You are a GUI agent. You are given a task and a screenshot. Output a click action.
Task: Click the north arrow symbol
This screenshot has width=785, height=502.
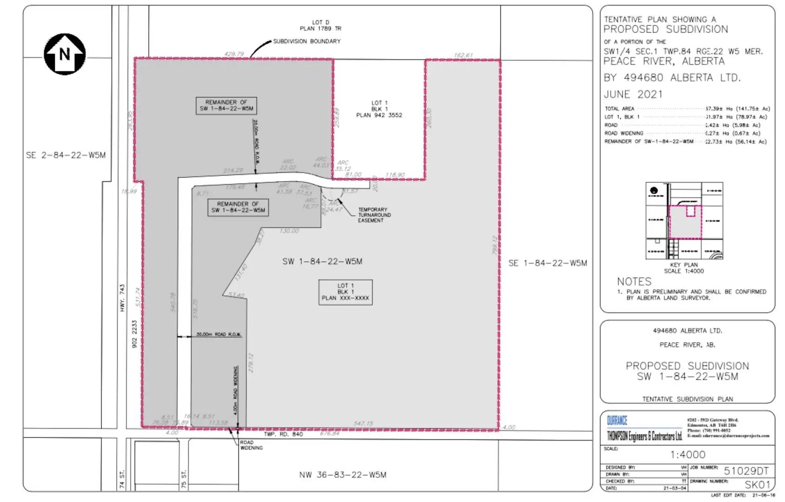click(65, 54)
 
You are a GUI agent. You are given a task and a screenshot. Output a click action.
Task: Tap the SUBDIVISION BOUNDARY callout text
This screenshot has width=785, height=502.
click(307, 41)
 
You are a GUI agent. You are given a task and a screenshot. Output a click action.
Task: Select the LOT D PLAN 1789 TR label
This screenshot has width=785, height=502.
click(321, 26)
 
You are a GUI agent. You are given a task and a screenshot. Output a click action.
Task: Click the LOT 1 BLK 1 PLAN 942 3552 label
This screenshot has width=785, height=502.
click(379, 109)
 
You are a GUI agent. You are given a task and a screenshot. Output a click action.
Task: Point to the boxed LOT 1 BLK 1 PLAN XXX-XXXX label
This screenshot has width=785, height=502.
click(345, 292)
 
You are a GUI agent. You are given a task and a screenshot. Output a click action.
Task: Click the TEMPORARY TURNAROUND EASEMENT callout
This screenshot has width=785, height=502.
click(374, 215)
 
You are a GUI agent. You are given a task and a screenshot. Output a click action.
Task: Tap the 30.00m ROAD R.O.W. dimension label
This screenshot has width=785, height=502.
click(218, 335)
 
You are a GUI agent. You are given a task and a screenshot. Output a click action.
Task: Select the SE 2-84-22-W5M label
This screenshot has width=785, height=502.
click(65, 155)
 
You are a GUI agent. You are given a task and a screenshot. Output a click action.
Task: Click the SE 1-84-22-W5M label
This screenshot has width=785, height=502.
click(548, 263)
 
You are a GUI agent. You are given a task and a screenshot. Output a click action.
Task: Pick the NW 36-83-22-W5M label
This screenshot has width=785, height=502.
click(343, 475)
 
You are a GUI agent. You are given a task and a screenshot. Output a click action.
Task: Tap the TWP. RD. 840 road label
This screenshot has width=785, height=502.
click(283, 434)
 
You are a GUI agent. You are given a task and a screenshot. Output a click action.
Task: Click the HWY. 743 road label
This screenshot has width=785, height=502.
click(123, 298)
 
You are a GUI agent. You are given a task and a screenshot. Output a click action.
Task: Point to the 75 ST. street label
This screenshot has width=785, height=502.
click(184, 479)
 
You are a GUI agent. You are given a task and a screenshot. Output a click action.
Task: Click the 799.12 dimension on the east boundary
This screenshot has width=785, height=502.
click(495, 245)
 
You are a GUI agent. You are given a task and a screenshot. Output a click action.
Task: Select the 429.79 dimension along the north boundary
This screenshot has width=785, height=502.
click(234, 54)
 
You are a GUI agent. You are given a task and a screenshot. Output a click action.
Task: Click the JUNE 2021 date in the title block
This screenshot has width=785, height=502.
click(633, 94)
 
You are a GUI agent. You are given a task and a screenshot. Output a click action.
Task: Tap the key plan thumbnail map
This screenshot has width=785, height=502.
click(684, 221)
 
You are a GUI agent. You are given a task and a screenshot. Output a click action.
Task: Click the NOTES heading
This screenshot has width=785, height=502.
click(634, 282)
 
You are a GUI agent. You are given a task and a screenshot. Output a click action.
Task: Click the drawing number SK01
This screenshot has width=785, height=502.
click(757, 485)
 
